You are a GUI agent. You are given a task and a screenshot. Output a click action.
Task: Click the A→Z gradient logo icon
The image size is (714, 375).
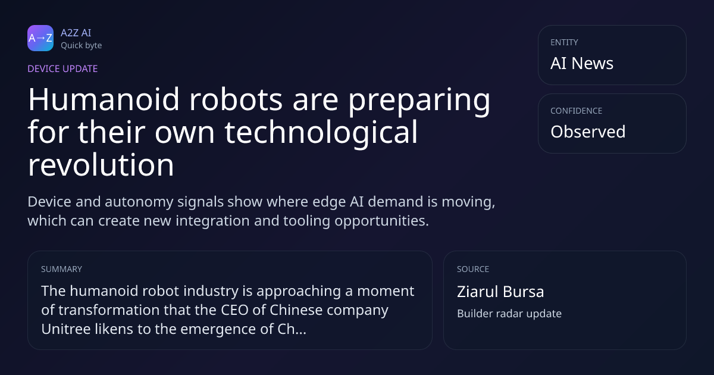click(x=40, y=38)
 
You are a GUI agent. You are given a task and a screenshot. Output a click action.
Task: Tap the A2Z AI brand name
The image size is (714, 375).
click(x=76, y=33)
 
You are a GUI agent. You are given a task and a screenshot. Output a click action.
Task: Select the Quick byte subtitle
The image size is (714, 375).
click(x=82, y=46)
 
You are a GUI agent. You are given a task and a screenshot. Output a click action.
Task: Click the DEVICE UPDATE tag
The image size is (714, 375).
click(x=62, y=69)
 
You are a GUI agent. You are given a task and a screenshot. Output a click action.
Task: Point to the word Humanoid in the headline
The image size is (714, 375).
click(x=104, y=99)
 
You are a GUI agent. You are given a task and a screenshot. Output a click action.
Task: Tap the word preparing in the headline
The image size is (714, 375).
click(x=419, y=102)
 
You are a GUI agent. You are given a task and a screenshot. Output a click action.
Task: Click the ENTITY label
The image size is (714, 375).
click(x=564, y=42)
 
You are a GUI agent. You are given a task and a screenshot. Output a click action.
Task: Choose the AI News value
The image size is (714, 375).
click(x=582, y=63)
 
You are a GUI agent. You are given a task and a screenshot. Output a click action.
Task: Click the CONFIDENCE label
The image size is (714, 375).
click(x=577, y=111)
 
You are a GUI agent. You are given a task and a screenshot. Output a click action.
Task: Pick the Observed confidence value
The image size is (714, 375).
click(x=588, y=132)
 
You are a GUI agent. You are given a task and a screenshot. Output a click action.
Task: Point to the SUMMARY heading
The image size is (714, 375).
click(x=61, y=269)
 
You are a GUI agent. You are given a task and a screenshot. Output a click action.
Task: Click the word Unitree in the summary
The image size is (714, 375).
click(x=65, y=329)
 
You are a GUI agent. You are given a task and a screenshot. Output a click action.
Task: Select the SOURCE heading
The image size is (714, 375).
click(x=473, y=269)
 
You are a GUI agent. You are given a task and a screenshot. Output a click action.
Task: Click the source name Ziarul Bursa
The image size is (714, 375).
click(x=500, y=292)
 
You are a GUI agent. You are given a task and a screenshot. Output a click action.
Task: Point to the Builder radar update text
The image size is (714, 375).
click(x=509, y=314)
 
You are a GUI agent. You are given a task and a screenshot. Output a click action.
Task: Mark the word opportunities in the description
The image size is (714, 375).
click(x=381, y=221)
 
